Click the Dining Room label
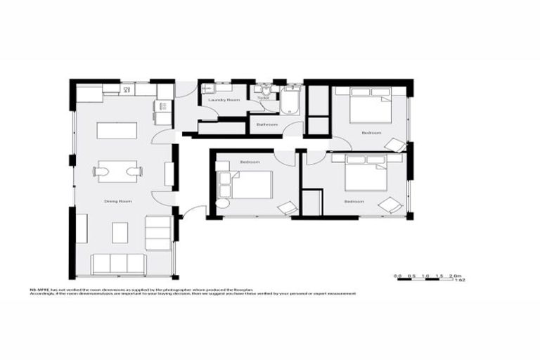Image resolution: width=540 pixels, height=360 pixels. pos(118,202)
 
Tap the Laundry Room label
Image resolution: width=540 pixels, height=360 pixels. pos(224,101)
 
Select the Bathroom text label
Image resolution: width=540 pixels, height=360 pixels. pos(267,125)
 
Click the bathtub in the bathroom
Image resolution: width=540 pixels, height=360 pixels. pos(290,102)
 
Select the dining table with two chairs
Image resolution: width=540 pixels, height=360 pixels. pos(117,171)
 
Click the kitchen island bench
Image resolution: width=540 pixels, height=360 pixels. pos(117,131)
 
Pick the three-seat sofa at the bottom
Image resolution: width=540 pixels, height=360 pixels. pos(118,264)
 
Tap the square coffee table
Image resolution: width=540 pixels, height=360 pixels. pos(120,232)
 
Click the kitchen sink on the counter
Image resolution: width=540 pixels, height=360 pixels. pos(128,89)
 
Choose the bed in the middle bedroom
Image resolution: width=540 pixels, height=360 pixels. pos(247,184)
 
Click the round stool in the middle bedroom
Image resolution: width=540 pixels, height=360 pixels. pos(221,204)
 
